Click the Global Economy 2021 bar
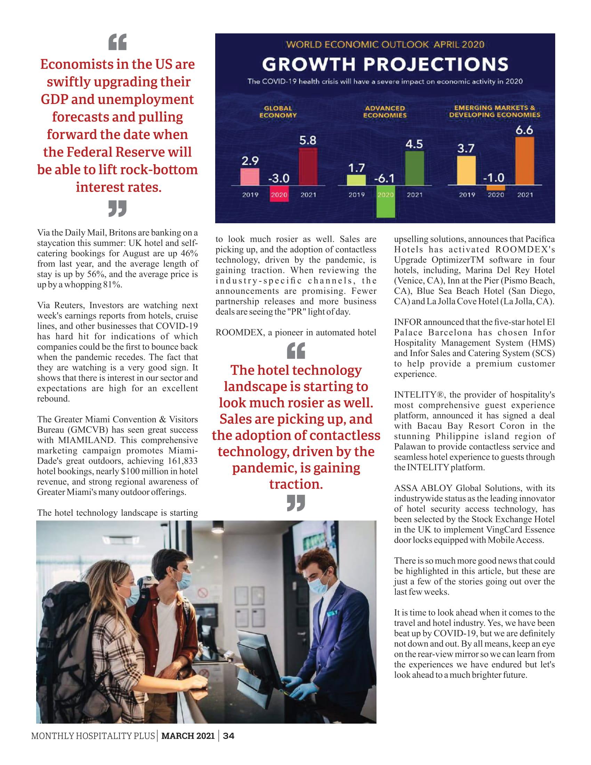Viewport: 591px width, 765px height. pos(308,166)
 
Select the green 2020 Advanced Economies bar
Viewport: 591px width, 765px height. pos(386,201)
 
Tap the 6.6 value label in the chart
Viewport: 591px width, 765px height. pos(524,130)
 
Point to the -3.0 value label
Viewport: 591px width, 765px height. pos(279,178)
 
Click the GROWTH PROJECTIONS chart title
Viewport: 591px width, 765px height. pos(385,64)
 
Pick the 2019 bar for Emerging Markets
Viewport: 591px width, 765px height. pos(466,170)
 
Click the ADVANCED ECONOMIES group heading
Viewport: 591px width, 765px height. pos(385,112)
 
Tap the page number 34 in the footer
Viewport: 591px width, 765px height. pos(229,736)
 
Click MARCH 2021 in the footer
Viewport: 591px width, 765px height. pos(188,736)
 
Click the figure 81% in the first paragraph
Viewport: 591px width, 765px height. pos(112,284)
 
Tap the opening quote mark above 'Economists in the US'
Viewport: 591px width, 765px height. pos(117,42)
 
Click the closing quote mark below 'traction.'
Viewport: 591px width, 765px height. pos(296,503)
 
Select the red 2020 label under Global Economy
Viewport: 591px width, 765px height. pos(279,195)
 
